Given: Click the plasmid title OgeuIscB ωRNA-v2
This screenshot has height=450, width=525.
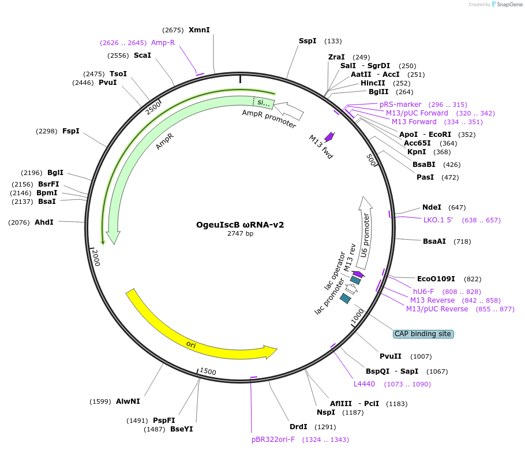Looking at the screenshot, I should coord(240,225).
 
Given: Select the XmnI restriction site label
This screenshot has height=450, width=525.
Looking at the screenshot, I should coord(199,30).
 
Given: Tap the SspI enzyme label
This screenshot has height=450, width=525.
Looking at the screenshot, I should coord(307,41).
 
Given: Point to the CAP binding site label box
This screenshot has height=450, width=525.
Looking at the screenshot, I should coord(423,334).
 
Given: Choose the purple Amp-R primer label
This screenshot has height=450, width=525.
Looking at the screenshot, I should coord(163,43).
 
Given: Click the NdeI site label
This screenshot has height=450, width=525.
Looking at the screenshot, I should coord(432,207).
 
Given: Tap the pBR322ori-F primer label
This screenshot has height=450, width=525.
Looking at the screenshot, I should coord(273,440).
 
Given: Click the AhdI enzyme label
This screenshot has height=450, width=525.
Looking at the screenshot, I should coord(44,222).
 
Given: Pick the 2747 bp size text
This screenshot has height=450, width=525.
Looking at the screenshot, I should coord(240,234).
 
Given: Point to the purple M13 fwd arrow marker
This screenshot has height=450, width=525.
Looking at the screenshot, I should coord(329,137).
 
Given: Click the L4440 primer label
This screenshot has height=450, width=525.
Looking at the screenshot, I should coord(364,384).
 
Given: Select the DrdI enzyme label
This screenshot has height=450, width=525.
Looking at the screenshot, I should coord(298,427).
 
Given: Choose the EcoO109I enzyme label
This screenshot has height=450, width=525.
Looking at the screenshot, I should coord(436,279).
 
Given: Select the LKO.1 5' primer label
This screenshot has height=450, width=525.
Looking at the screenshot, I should coord(438,220).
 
